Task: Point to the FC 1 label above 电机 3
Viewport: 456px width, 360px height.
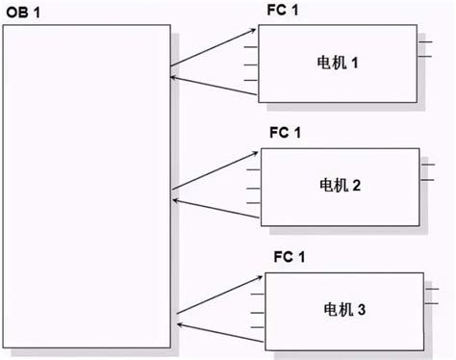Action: [288, 258]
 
